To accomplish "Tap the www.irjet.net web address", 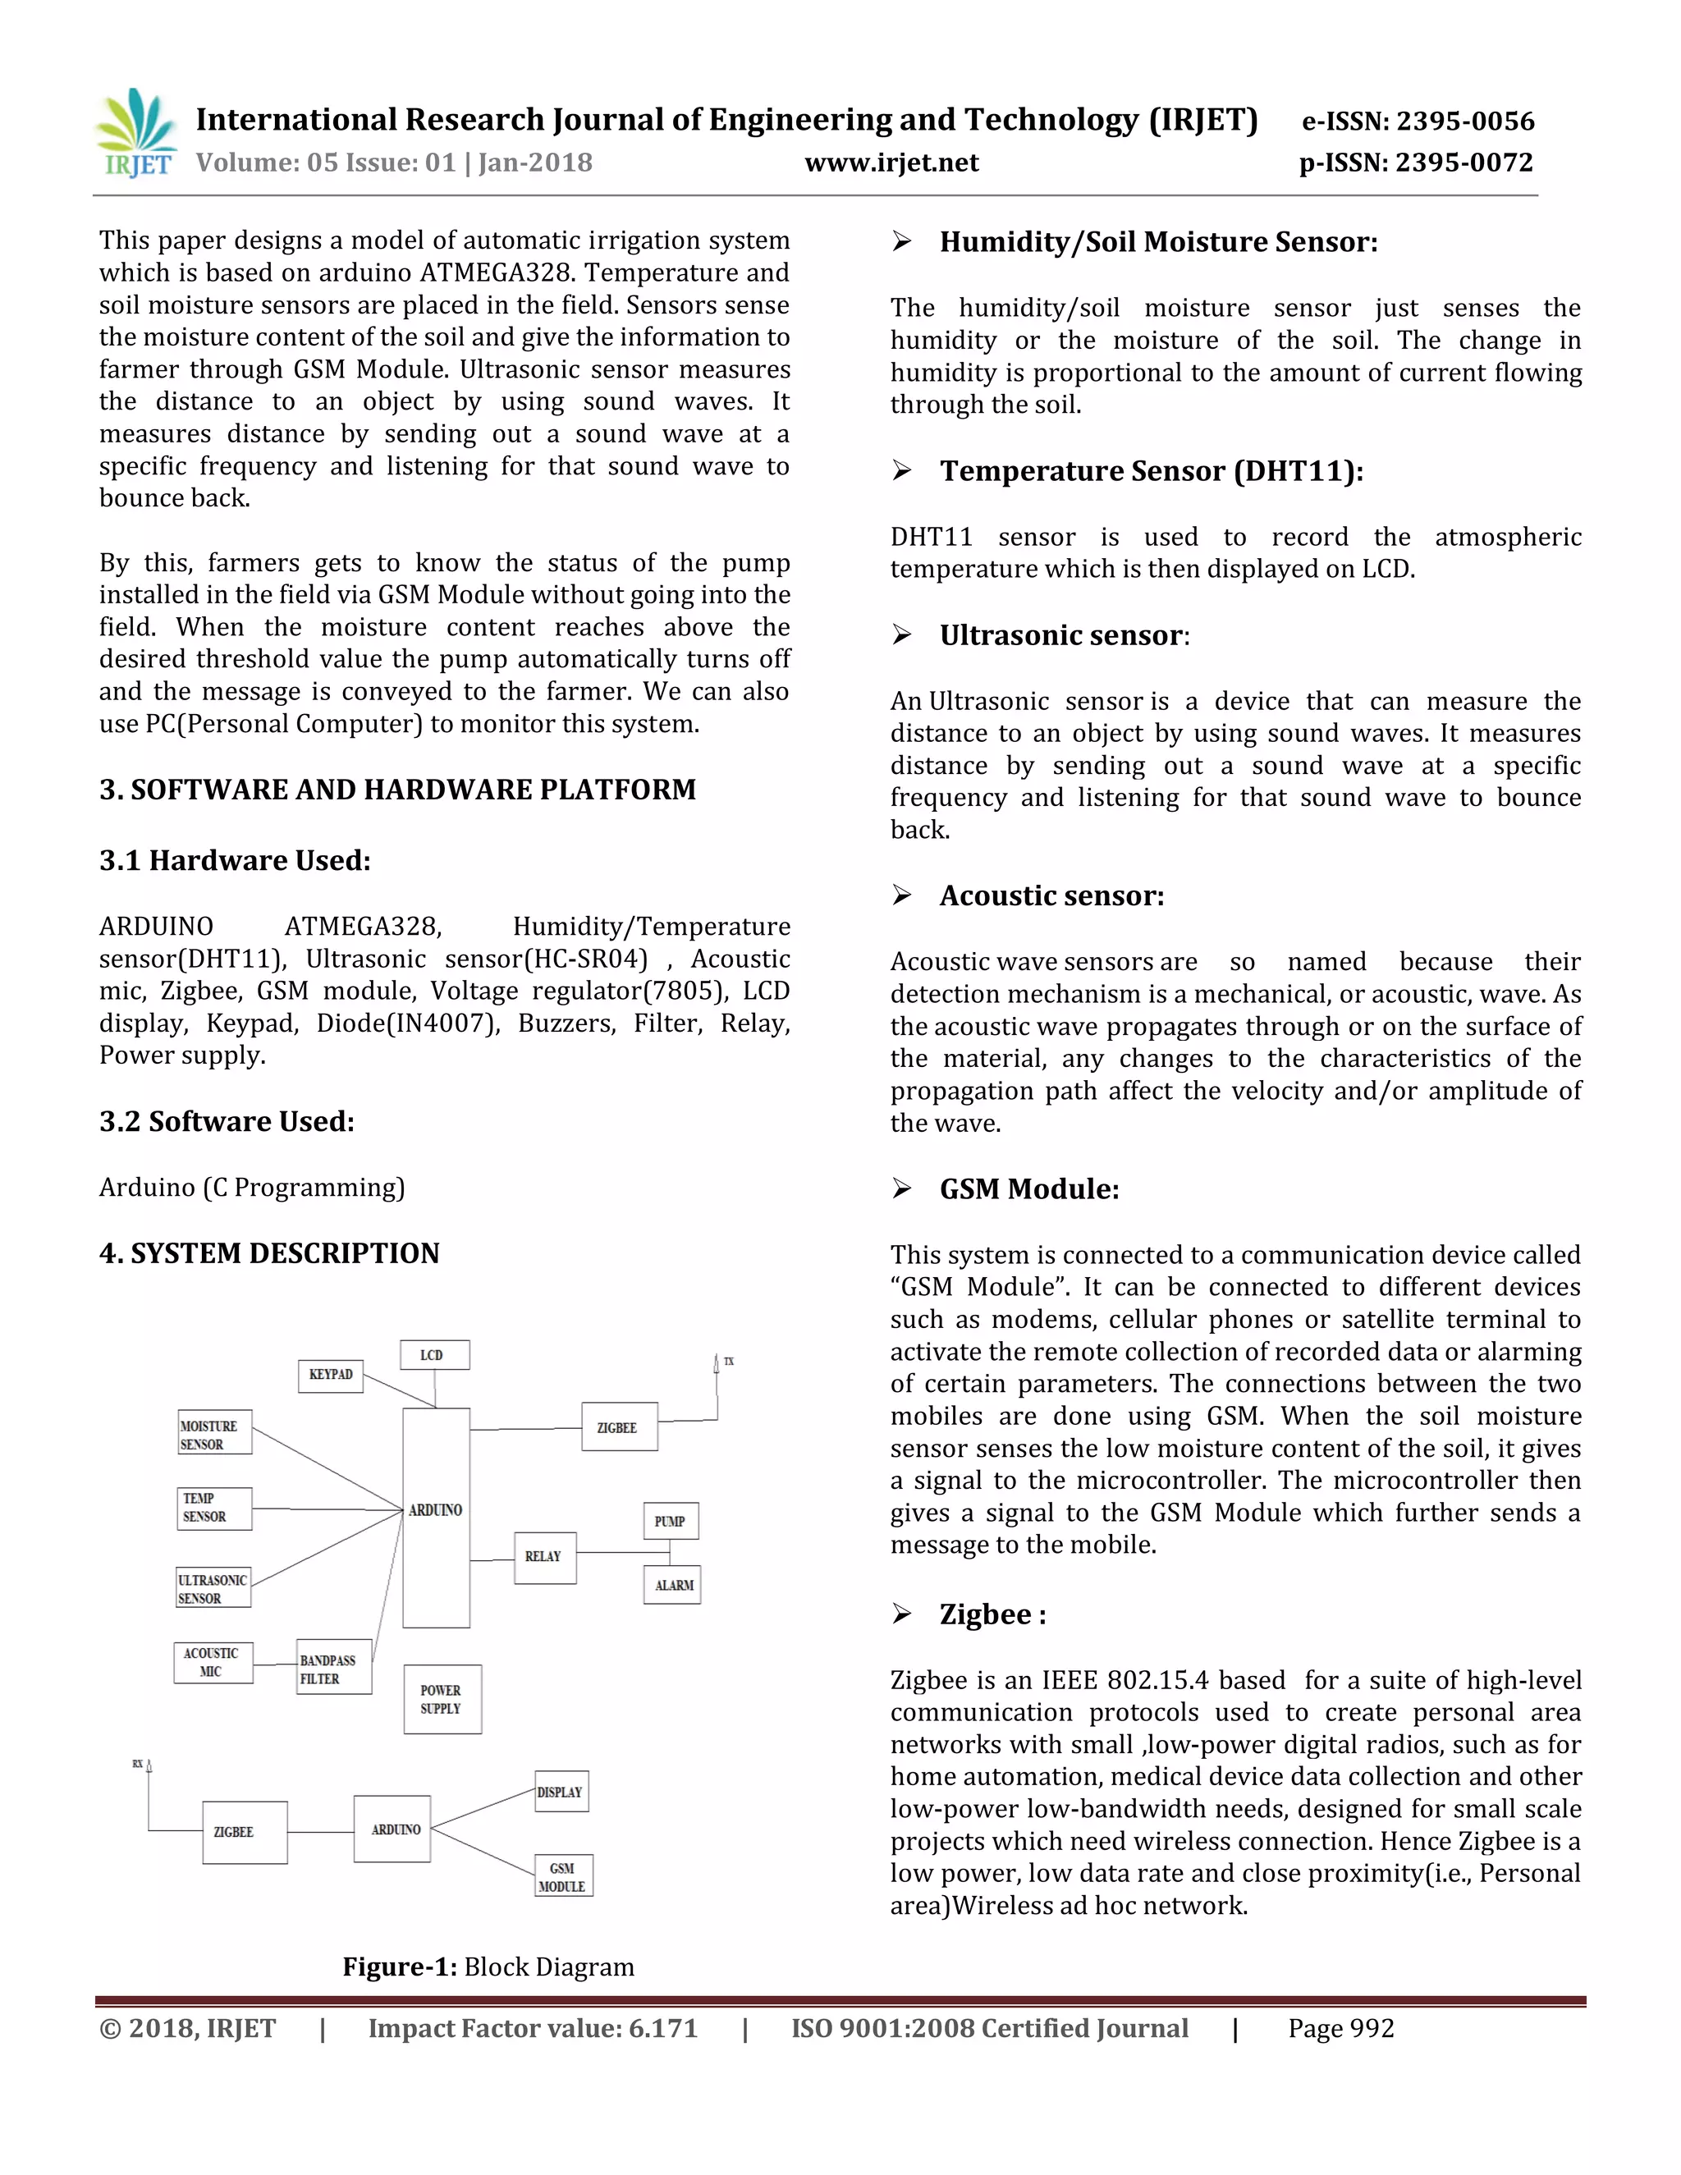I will (x=891, y=163).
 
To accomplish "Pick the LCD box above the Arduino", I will (x=433, y=1354).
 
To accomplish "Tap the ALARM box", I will (x=673, y=1586).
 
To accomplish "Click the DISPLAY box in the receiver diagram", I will (x=561, y=1792).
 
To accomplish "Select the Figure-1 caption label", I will (x=400, y=1966).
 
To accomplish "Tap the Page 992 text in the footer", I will (x=1340, y=2029).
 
